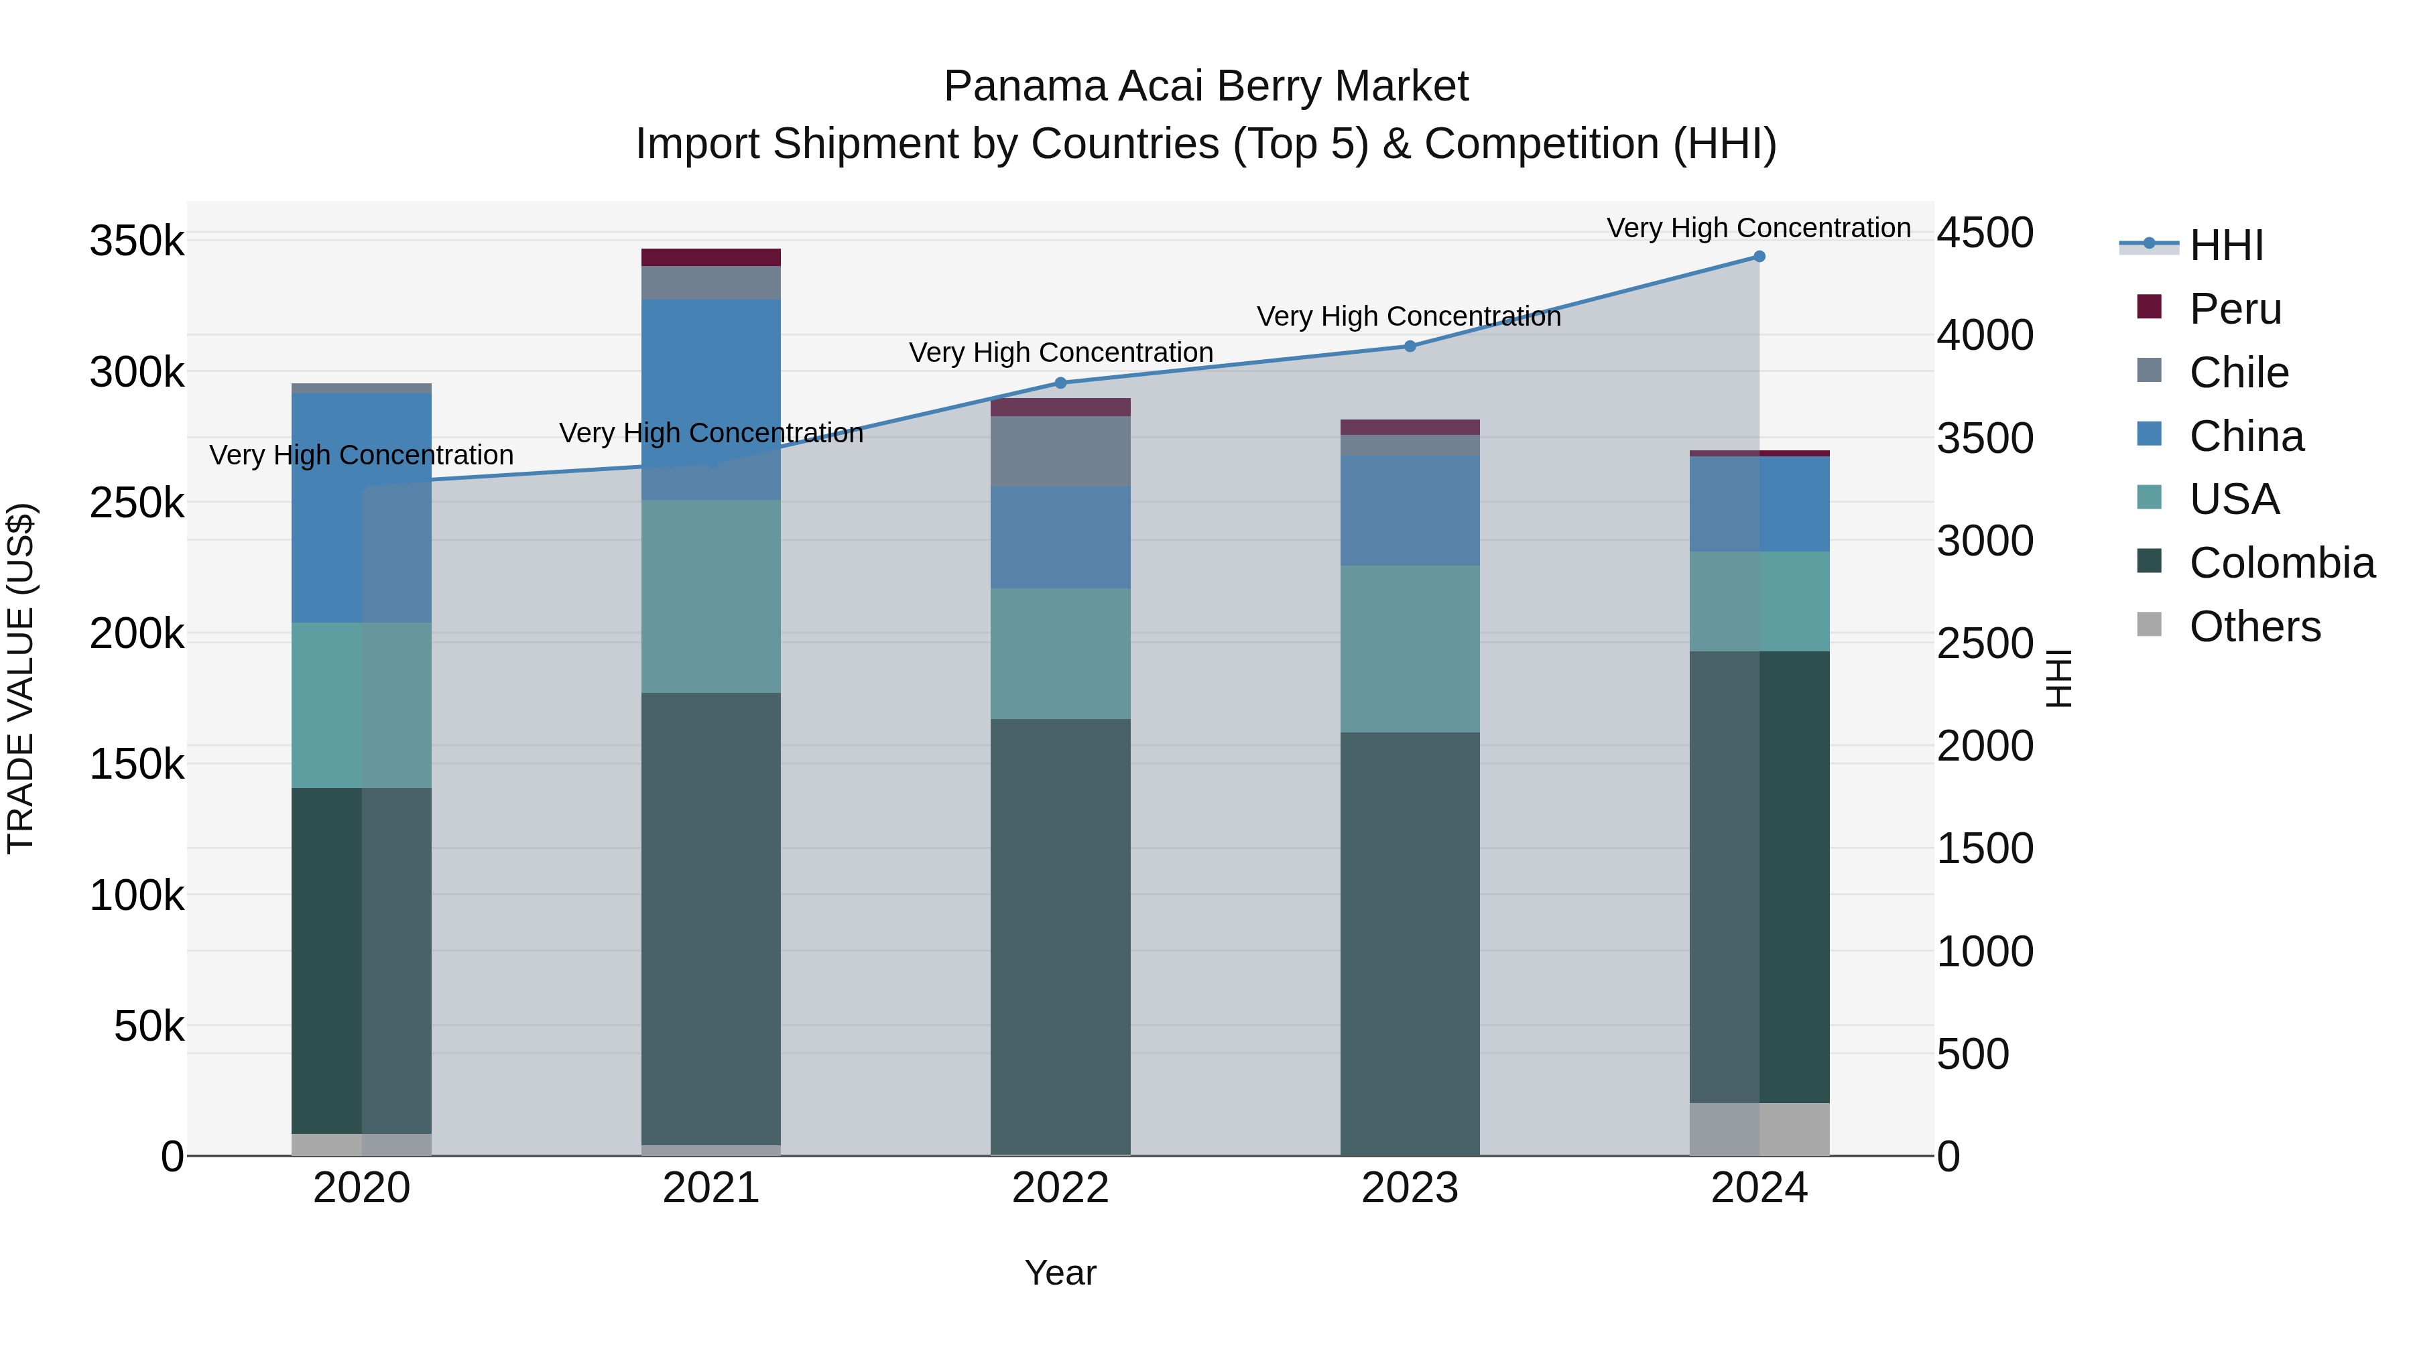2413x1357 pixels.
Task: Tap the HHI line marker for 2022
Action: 1060,383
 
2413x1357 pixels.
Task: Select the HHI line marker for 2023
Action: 1410,346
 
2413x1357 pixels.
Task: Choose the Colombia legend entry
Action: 2281,563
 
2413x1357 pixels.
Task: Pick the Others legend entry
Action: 2253,627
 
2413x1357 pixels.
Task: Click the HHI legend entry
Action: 2225,245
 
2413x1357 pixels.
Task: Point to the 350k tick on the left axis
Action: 137,242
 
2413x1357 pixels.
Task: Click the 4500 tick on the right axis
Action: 1985,233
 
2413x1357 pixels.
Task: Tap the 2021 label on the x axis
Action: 711,1188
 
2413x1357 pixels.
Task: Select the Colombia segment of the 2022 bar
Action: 1060,937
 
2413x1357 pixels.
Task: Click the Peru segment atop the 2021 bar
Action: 711,257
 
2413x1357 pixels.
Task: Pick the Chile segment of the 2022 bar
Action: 1060,452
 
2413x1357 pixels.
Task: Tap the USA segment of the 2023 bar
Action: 1410,649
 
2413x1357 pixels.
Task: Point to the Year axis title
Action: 1060,1273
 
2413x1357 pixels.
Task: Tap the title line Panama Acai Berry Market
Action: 1206,86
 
